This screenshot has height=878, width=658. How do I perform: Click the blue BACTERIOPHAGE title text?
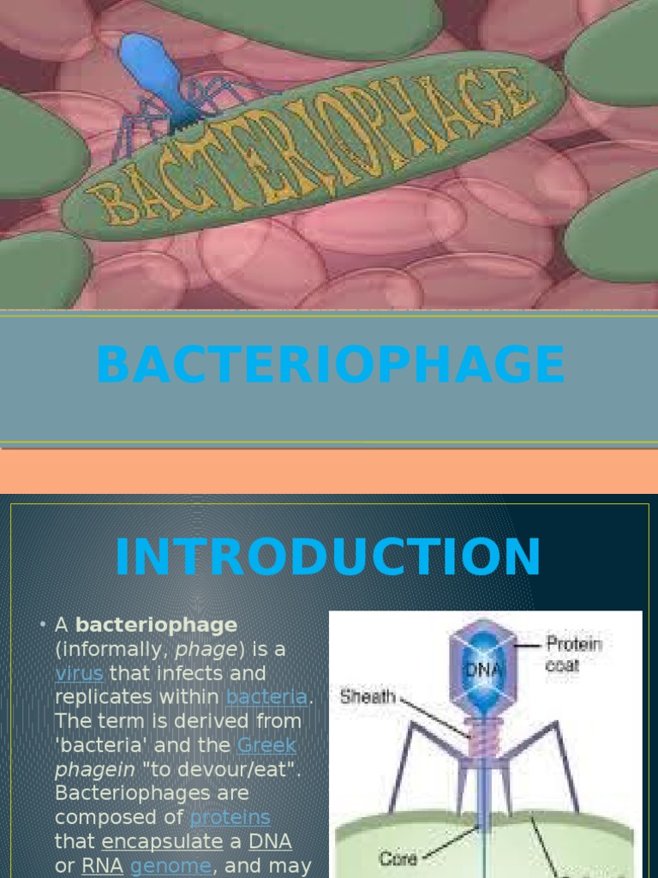pos(330,365)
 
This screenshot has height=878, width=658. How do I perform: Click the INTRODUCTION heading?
pos(328,556)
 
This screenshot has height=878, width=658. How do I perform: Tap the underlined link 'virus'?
pos(79,673)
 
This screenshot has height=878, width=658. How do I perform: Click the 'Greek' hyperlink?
pos(266,745)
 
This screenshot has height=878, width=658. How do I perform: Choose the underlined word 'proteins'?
pos(230,817)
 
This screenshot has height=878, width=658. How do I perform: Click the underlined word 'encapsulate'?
pos(162,841)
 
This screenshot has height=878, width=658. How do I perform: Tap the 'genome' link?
pos(170,866)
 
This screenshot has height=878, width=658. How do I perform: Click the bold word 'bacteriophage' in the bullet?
pos(156,625)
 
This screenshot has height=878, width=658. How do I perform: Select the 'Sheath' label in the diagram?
pos(367,695)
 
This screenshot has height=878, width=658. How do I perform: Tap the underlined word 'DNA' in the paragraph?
pos(270,841)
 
